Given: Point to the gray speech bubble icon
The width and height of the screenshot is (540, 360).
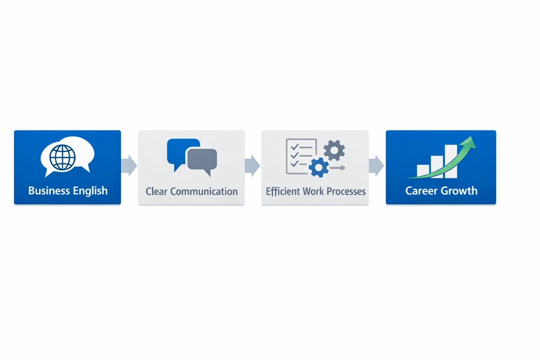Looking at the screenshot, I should (202, 161).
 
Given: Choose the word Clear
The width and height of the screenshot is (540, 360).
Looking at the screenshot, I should (157, 191).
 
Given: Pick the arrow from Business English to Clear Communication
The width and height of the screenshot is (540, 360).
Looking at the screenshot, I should (129, 166).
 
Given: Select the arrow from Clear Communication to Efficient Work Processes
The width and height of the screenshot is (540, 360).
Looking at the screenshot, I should (252, 166).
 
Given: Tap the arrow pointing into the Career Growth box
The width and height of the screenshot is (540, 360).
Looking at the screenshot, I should (376, 166).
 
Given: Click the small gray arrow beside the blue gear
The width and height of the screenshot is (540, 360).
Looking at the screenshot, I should (338, 168).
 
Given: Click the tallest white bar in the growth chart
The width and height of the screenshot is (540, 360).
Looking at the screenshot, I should (451, 161).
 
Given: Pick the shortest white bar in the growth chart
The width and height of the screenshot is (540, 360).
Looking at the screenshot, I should (423, 171).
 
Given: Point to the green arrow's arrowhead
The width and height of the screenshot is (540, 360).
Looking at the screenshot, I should (470, 142).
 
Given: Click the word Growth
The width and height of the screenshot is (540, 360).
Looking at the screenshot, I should (460, 191).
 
